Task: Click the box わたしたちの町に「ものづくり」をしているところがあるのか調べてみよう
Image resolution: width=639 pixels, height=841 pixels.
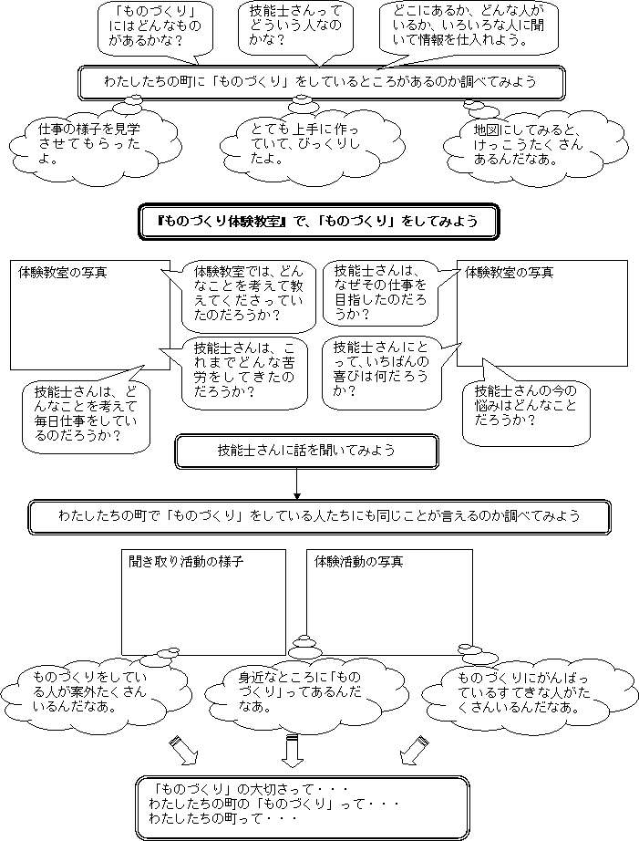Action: [321, 83]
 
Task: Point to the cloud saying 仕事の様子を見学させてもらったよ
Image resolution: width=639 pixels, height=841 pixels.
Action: [95, 145]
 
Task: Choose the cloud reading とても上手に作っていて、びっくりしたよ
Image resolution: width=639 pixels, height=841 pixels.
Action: [312, 144]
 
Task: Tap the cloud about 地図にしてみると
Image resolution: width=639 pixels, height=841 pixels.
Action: [534, 144]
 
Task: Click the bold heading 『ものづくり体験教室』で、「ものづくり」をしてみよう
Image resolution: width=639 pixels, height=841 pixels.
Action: [319, 221]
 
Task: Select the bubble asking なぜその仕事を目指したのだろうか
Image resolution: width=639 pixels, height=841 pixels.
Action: [380, 294]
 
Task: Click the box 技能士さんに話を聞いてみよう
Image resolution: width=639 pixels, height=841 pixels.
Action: [306, 452]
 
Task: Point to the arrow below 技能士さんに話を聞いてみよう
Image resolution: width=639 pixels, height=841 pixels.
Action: [297, 483]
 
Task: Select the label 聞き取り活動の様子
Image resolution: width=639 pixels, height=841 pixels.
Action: [186, 562]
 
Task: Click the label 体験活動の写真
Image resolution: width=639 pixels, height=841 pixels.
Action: [358, 562]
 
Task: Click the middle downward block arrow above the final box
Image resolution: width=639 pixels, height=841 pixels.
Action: [293, 752]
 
